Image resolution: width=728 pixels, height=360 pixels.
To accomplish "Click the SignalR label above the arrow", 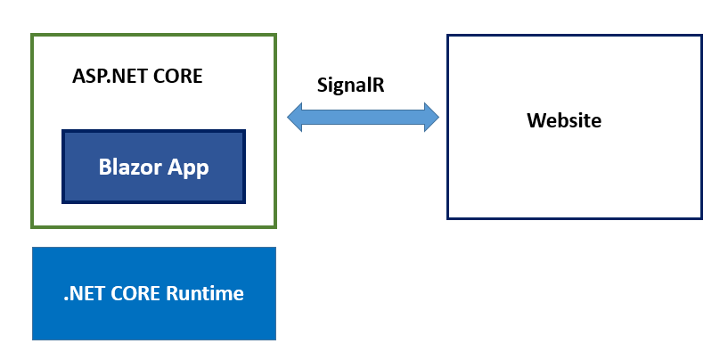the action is point(350,86).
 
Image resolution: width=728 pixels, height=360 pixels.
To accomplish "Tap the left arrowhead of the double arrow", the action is point(295,117).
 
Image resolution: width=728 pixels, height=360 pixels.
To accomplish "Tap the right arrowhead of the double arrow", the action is point(431,117).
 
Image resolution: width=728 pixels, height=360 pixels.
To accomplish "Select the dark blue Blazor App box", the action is point(153,167).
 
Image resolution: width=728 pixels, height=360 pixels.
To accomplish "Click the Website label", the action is point(564,120).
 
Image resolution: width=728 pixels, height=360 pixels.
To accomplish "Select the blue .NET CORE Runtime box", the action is point(154,293).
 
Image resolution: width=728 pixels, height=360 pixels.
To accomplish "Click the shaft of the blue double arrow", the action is point(363,117).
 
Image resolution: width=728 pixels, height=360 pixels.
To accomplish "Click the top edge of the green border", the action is point(153,35).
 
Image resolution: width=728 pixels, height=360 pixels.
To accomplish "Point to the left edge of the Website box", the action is point(448,127).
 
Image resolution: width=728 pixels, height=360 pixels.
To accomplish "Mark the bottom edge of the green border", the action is point(153,226).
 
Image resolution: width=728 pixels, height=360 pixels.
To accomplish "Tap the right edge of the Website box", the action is point(701,127).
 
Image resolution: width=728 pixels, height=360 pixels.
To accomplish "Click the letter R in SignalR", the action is point(379,85).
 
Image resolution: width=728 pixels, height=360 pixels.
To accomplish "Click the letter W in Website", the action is point(536,120).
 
